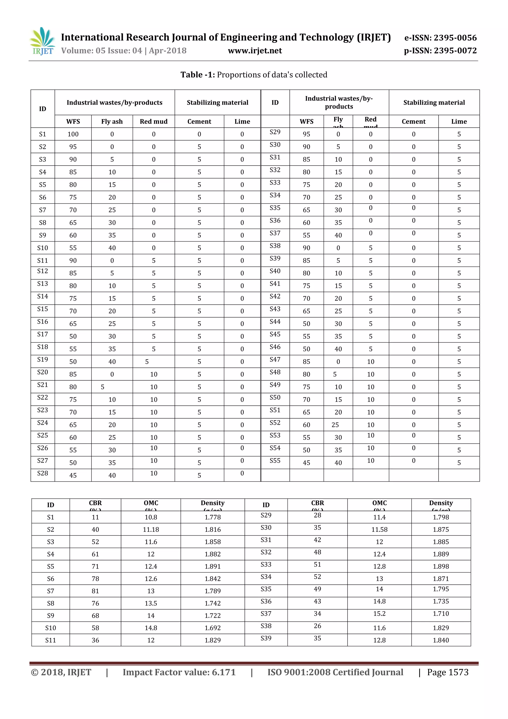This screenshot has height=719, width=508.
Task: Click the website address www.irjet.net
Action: point(255,51)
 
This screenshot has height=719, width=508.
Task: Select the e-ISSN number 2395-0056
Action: point(441,38)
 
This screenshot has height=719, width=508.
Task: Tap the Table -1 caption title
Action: point(254,75)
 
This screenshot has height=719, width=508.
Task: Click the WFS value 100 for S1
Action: point(73,134)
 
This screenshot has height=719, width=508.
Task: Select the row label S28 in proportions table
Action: point(43,473)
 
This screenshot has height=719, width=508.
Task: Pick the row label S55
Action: point(275,461)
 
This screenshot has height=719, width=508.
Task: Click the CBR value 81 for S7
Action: point(95,591)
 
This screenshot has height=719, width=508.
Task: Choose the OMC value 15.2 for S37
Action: point(380,614)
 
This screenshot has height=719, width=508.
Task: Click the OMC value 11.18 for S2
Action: point(151,530)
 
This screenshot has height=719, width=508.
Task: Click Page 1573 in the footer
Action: point(448,673)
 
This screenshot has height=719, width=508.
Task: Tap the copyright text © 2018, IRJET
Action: point(61,673)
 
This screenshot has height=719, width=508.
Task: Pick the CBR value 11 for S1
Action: point(95,517)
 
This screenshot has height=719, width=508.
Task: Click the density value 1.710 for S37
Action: point(441,614)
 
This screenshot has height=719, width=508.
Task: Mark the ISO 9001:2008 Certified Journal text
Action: point(335,673)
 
